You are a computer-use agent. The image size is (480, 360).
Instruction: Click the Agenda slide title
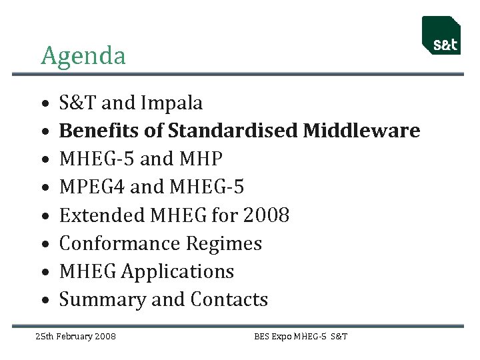point(83,55)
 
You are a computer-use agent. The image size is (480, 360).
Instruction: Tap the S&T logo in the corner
point(441,35)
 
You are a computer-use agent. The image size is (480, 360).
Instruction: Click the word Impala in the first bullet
point(171,103)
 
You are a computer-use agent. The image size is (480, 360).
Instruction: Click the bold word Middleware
point(361,131)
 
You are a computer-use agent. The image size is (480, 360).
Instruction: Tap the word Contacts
point(229,300)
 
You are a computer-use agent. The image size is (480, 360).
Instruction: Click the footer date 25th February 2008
point(75,336)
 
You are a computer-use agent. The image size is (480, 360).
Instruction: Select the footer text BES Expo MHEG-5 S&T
point(301,336)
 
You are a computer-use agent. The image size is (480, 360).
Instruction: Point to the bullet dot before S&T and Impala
point(43,105)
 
